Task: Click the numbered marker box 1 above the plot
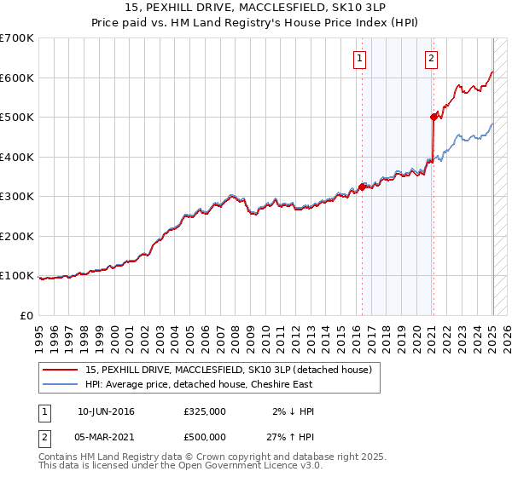point(359,59)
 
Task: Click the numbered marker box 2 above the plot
point(432,59)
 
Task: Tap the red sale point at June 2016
point(362,187)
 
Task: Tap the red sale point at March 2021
point(433,118)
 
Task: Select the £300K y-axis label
point(17,197)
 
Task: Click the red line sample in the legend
point(61,371)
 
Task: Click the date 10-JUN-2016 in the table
point(106,411)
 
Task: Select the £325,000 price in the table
point(205,411)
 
